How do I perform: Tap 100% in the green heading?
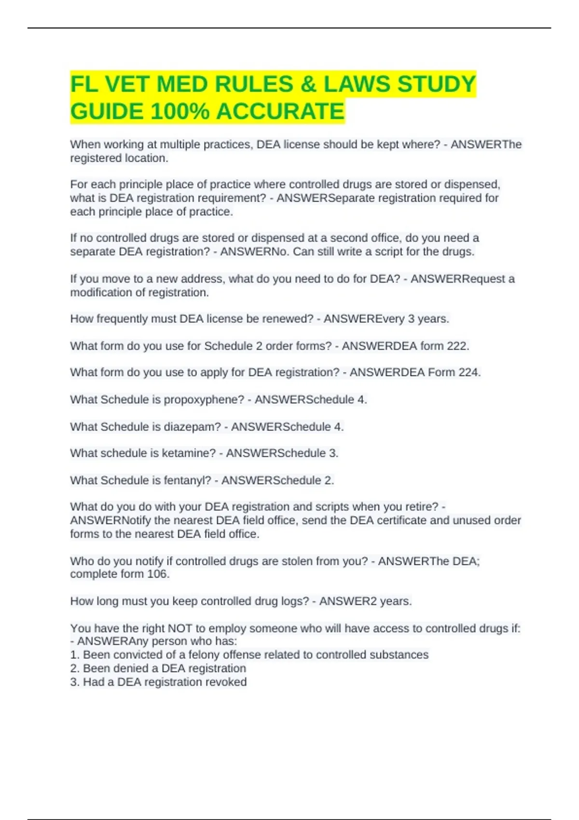click(x=179, y=112)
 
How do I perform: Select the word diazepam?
click(x=192, y=427)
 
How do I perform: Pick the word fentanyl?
click(x=187, y=480)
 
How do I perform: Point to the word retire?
click(x=422, y=507)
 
